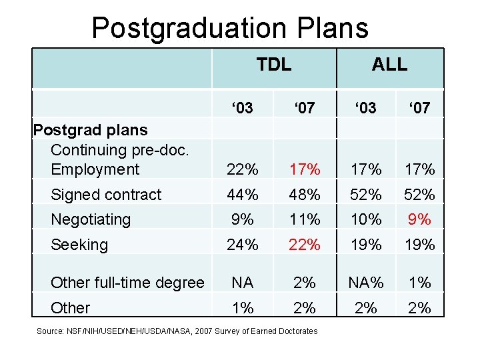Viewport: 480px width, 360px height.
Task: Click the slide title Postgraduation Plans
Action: [230, 28]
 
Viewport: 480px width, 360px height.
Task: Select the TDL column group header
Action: [274, 64]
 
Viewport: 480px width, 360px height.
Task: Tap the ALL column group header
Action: [389, 64]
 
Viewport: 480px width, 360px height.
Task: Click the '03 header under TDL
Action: [242, 107]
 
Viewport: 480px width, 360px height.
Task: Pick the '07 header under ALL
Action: [419, 107]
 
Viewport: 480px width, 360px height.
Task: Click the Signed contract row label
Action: [106, 195]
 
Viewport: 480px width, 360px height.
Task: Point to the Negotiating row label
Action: [91, 219]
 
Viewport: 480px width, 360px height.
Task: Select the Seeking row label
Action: [79, 245]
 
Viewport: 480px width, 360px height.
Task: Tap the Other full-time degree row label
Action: [127, 283]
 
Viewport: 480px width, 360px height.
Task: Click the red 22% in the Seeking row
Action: [305, 245]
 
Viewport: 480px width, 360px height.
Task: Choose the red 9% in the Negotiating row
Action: [419, 219]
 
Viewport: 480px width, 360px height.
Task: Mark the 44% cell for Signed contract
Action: [242, 195]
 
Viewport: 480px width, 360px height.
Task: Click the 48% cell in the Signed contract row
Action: [305, 195]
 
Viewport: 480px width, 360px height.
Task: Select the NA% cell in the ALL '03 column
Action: [366, 283]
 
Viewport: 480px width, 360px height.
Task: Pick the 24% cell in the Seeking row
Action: [242, 245]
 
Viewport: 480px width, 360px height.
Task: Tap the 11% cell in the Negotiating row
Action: [305, 219]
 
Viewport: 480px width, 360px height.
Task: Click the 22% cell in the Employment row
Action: [242, 169]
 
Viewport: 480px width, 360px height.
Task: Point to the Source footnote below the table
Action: [177, 331]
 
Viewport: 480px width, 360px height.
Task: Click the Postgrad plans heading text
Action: [90, 129]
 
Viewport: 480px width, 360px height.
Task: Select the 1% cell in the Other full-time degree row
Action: [419, 283]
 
